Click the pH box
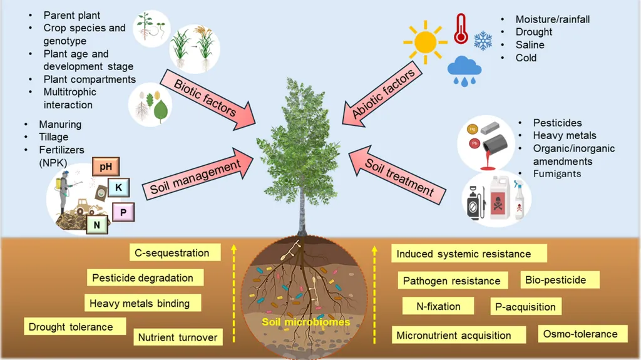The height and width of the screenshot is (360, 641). pyautogui.click(x=105, y=167)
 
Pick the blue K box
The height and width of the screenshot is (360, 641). pyautogui.click(x=119, y=186)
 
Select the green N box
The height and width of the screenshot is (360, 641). pyautogui.click(x=97, y=224)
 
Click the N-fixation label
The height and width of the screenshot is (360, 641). pyautogui.click(x=439, y=306)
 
